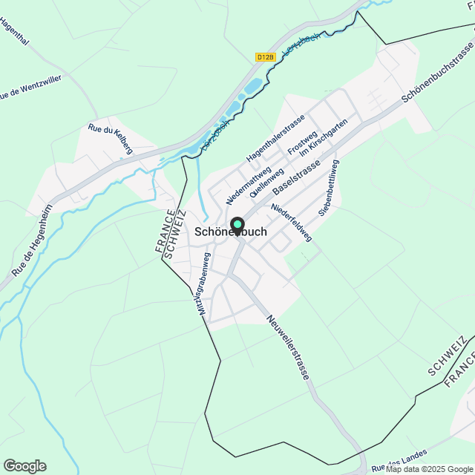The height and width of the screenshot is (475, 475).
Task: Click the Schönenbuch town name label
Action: (230, 232)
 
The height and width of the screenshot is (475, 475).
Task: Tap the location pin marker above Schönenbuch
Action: (237, 224)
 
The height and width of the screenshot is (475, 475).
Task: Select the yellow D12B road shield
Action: (265, 56)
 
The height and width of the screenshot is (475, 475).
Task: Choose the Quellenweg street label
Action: (267, 182)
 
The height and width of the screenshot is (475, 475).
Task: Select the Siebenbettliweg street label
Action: (329, 187)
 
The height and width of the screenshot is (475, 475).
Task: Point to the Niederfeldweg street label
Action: (292, 223)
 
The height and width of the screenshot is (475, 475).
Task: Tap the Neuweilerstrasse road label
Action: (287, 347)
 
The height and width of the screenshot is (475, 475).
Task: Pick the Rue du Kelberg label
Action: (110, 139)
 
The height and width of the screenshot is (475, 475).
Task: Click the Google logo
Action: (24, 466)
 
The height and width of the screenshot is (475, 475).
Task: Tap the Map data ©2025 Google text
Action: (429, 469)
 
